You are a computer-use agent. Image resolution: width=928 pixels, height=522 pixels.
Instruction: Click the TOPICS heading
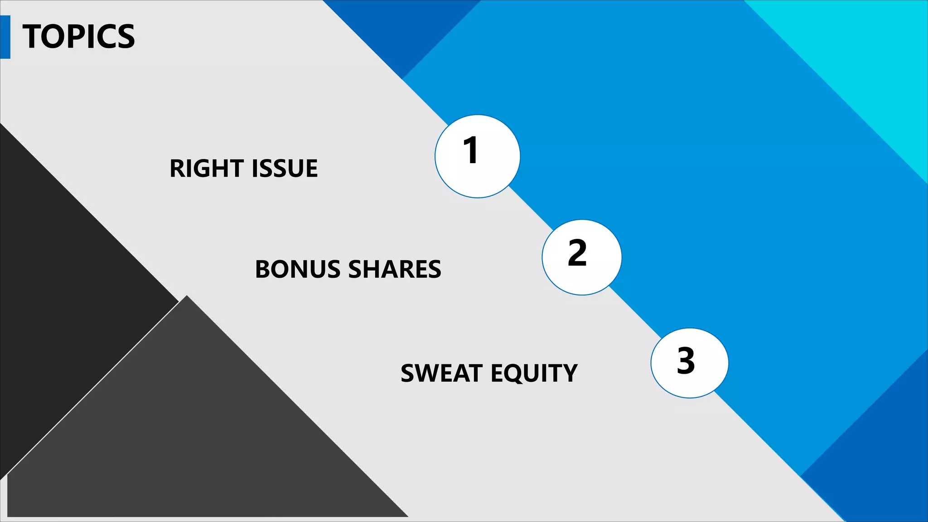pos(78,37)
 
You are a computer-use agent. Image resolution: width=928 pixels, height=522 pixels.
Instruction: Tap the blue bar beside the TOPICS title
pos(5,37)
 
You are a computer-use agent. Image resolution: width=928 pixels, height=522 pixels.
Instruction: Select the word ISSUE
pos(285,169)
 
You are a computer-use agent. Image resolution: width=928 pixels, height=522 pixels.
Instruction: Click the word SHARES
pos(395,269)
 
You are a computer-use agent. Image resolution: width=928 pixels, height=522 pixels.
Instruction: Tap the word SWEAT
pos(442,373)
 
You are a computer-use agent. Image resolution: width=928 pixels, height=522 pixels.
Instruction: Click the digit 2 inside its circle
pos(577,253)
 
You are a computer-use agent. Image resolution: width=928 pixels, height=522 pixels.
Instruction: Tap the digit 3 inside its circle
pos(686,361)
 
